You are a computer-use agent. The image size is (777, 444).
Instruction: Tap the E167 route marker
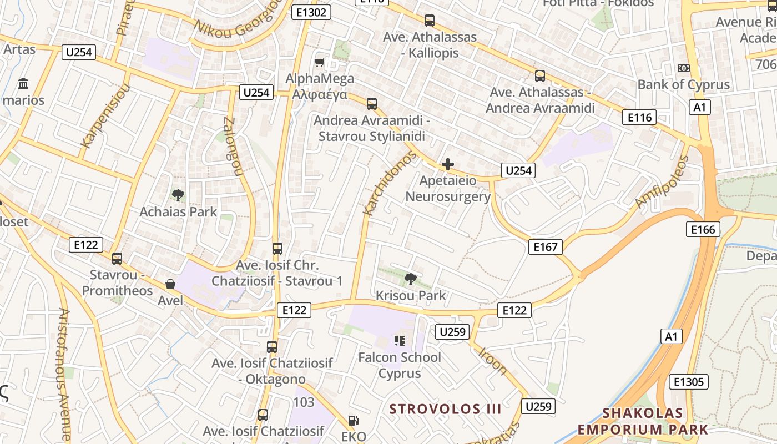[x=545, y=247]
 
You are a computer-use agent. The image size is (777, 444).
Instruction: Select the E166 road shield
[x=703, y=229]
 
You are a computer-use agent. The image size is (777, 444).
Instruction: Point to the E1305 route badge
[x=689, y=382]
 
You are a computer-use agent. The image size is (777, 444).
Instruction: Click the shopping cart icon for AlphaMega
[x=320, y=62]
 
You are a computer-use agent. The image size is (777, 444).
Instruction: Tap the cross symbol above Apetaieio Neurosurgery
[x=447, y=164]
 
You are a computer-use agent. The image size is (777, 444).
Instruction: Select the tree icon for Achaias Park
[x=178, y=195]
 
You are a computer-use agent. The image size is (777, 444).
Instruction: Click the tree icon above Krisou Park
[x=411, y=279]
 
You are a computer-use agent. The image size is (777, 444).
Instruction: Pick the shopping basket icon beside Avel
[x=170, y=284]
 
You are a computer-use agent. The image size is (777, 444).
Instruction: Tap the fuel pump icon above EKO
[x=353, y=421]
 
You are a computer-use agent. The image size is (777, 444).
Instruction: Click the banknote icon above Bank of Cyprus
[x=684, y=68]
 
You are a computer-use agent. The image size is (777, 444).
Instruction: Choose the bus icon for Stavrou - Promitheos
[x=117, y=258]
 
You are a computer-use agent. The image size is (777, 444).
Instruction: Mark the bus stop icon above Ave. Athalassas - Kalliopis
[x=429, y=21]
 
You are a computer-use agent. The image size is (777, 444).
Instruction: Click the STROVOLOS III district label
[x=445, y=410]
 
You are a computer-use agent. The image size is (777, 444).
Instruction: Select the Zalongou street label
[x=233, y=147]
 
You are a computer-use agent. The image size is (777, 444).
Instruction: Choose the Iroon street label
[x=493, y=360]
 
